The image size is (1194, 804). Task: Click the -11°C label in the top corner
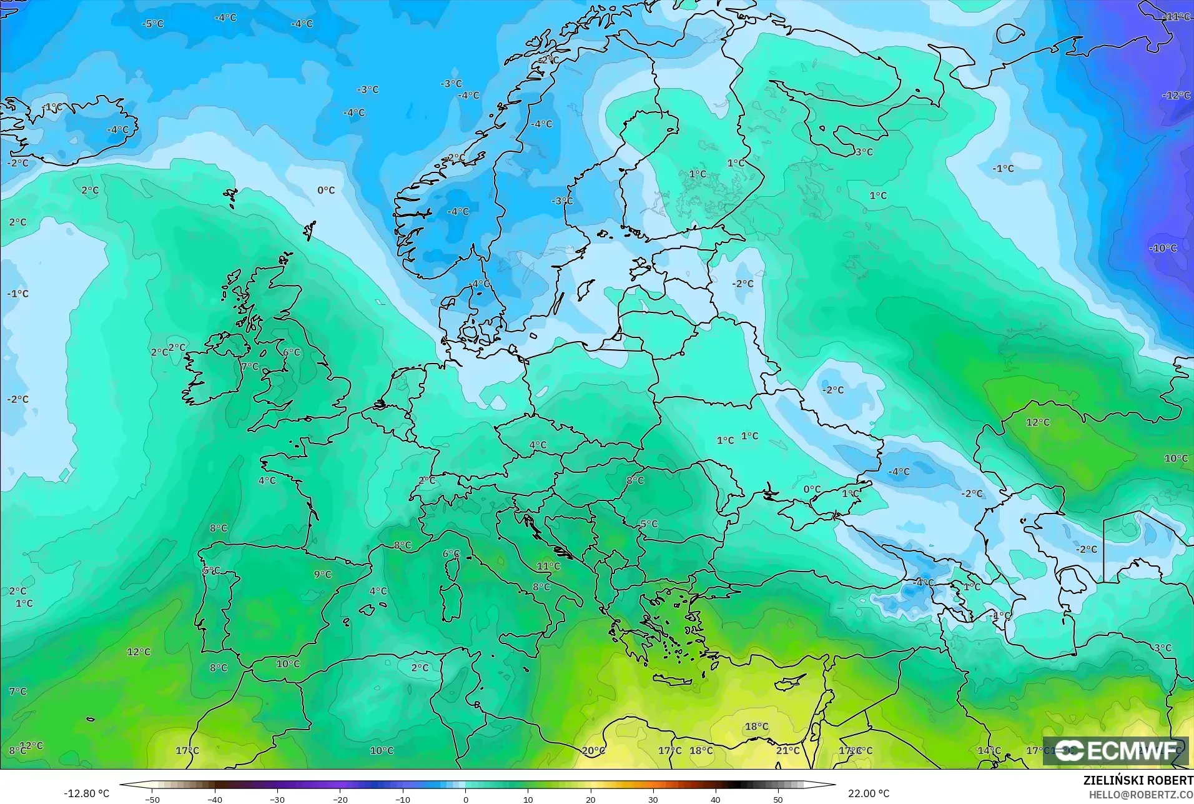click(x=1177, y=17)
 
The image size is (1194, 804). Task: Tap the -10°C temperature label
click(x=1162, y=248)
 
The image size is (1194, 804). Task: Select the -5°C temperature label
click(x=152, y=24)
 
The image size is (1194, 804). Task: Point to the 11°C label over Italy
click(x=548, y=566)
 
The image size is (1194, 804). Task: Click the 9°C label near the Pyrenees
click(x=322, y=574)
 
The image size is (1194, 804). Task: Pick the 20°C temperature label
click(x=593, y=750)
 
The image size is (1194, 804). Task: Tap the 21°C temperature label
click(x=787, y=750)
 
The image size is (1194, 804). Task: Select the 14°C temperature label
click(x=989, y=750)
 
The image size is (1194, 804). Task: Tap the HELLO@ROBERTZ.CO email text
click(x=1142, y=795)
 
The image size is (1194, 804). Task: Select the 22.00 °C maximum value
click(x=868, y=793)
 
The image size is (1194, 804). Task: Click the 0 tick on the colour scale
click(x=465, y=799)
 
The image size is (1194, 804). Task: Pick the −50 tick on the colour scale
click(x=152, y=799)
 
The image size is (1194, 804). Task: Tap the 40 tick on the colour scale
click(x=716, y=799)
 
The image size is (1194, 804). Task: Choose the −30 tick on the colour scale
click(x=277, y=799)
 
